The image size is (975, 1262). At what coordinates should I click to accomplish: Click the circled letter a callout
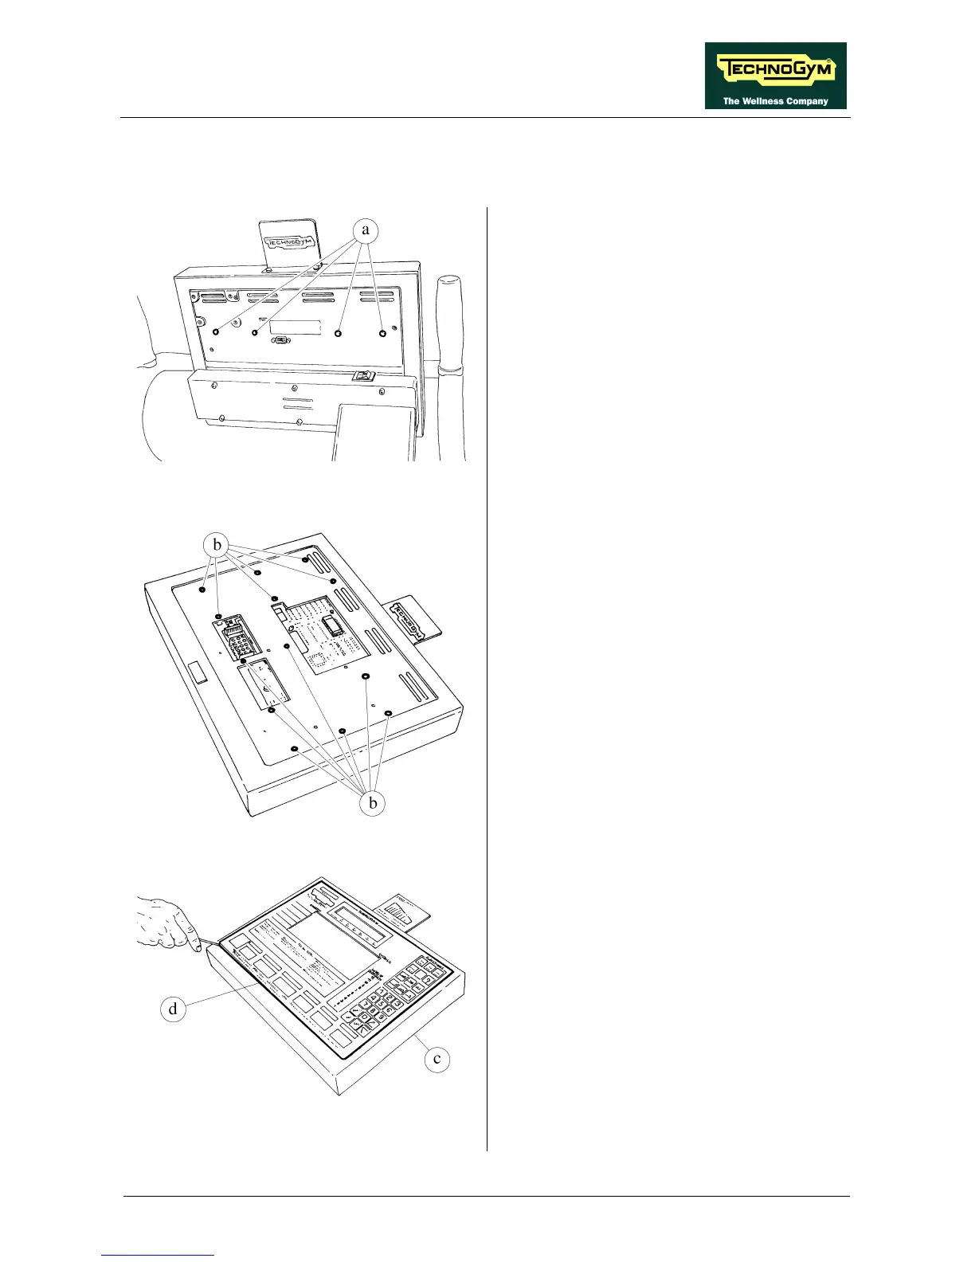[x=366, y=230]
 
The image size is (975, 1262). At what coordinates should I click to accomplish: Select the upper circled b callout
[x=217, y=545]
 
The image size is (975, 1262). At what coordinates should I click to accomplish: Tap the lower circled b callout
[x=373, y=803]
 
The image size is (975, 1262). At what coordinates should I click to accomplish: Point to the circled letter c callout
[x=437, y=1059]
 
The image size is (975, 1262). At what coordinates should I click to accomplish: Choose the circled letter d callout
[x=173, y=1009]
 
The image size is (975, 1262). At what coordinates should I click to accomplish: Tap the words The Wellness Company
[x=775, y=101]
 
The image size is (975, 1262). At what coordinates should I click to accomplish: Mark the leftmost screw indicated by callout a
[x=215, y=331]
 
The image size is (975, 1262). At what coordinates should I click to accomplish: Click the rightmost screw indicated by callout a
[x=382, y=333]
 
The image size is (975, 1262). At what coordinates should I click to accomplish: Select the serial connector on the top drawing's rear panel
[x=281, y=340]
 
